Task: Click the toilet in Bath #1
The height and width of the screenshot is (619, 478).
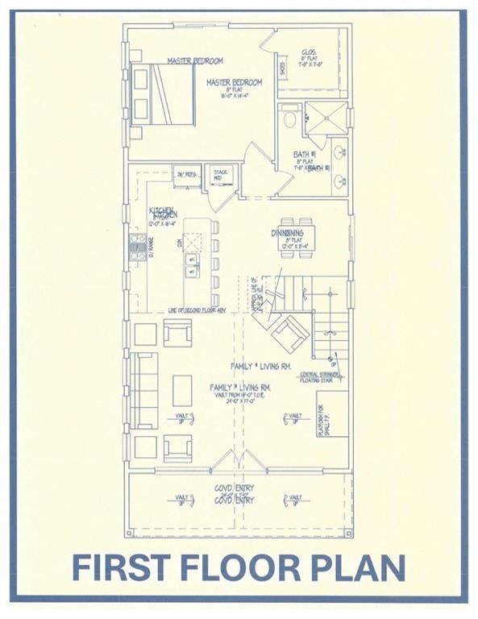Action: pos(291,122)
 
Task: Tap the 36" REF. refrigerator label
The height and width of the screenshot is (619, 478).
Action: pos(188,173)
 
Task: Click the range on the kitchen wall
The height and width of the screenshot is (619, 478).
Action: pos(139,247)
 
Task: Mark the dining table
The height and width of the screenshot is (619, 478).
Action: pos(297,237)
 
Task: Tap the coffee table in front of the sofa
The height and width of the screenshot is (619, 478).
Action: pos(183,390)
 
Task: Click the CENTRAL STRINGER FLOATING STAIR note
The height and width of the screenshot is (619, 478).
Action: pos(318,377)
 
